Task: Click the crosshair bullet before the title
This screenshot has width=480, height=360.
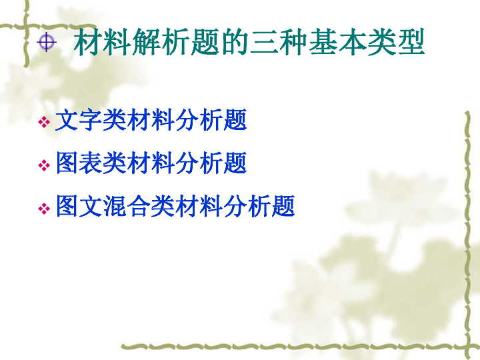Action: (47, 42)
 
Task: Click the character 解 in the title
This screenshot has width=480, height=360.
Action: (147, 42)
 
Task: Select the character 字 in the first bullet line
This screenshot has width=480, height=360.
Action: (91, 120)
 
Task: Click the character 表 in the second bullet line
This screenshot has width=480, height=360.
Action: (91, 163)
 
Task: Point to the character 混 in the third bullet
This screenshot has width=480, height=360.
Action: (115, 206)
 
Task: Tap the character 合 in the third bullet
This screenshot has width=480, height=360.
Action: (139, 206)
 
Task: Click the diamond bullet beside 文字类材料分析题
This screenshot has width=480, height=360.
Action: (44, 122)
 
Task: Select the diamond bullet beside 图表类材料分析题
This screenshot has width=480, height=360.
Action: (44, 165)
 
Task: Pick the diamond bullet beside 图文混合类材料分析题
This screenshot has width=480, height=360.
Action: (44, 209)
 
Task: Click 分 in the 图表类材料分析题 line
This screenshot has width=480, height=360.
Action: (187, 163)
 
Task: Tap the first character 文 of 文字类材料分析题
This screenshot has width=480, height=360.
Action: (67, 120)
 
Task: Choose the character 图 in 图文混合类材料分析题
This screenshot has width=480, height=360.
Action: (67, 206)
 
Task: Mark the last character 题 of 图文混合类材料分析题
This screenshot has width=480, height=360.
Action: (283, 206)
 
